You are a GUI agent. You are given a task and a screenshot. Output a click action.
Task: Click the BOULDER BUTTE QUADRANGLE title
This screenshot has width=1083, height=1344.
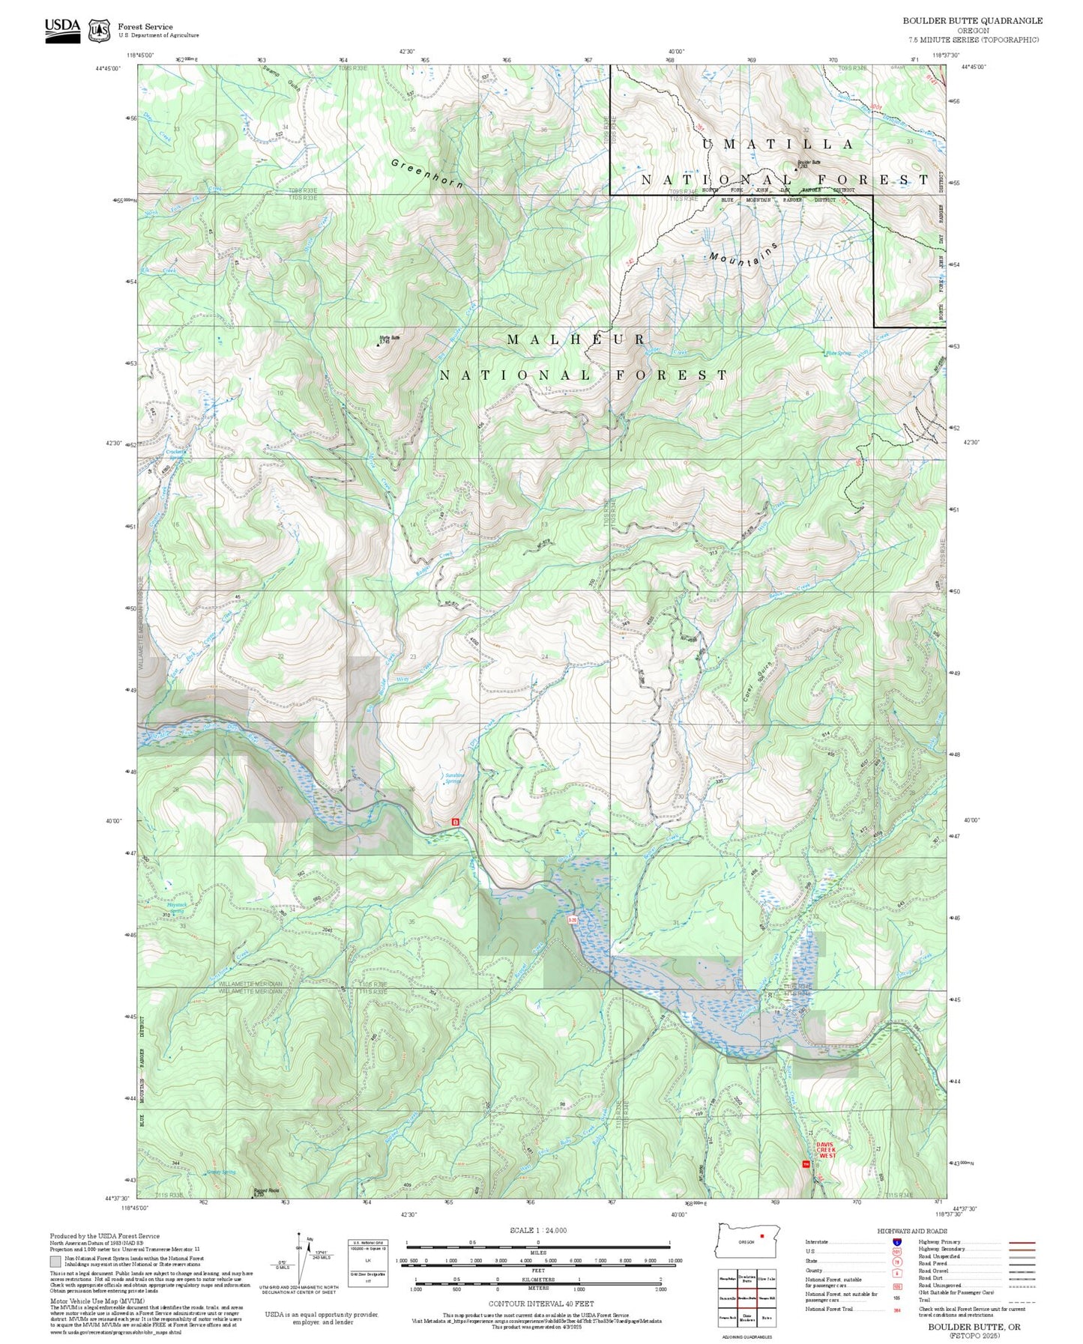971,21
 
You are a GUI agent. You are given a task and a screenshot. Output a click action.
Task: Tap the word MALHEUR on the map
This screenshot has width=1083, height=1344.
576,340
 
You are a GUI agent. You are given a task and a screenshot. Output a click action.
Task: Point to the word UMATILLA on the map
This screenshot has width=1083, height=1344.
777,145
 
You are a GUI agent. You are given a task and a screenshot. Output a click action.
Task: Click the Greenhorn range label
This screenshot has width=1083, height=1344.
427,173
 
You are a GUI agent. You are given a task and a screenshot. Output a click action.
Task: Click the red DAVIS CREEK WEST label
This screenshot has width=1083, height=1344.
826,1150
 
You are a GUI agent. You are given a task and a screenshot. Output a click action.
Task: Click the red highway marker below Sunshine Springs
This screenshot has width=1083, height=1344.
454,822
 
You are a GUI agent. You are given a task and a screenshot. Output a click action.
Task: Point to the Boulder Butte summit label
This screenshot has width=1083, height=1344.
808,163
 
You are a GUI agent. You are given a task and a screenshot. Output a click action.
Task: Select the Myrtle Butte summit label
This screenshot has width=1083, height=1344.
390,339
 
